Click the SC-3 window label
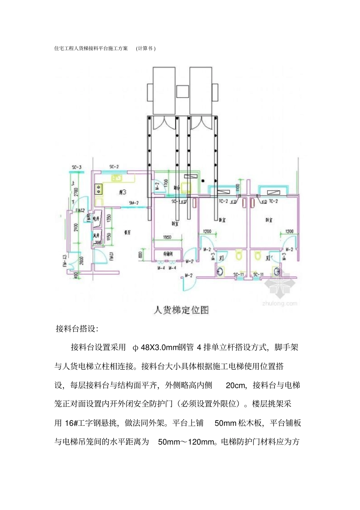point(77,167)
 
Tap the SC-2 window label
point(114,167)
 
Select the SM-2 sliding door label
point(133,203)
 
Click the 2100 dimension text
point(76,227)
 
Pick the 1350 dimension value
point(109,218)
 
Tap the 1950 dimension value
point(167,237)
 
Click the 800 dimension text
point(141,255)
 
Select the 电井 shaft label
point(96,219)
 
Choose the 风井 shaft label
point(96,236)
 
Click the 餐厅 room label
point(127,232)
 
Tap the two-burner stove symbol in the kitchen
point(98,187)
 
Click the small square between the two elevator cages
point(183,91)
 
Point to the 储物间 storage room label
point(167,254)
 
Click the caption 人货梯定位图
point(181,310)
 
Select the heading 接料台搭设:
point(77,329)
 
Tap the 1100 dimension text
point(238,188)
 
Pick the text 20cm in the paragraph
point(236,386)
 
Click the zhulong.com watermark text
point(280,303)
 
